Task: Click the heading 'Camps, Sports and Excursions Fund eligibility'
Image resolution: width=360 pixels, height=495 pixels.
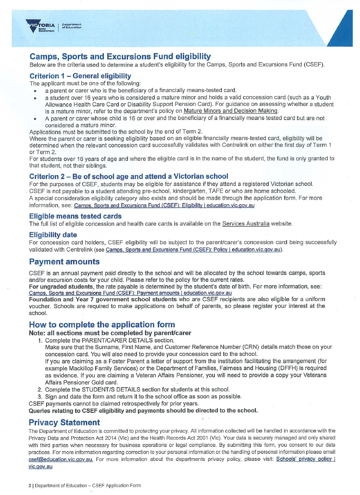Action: coord(120,56)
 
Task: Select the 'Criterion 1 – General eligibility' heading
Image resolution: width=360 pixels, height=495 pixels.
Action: coord(80,76)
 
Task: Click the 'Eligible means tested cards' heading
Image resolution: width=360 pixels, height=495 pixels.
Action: coord(75,216)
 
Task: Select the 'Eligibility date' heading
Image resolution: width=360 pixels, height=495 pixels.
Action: coord(53,235)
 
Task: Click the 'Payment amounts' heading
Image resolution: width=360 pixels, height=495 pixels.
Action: coord(64,261)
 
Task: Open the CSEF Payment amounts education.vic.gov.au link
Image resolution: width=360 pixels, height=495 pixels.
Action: coord(130,292)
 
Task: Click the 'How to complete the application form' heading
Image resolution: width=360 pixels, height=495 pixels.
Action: coord(102,325)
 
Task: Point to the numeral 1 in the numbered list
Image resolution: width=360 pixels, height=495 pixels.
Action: coord(40,340)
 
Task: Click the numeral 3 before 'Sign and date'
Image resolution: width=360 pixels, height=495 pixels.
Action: coord(40,396)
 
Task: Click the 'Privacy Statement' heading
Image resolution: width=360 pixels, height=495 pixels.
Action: coord(64,422)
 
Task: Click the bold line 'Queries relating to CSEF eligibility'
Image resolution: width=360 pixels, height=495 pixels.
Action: coord(143,410)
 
